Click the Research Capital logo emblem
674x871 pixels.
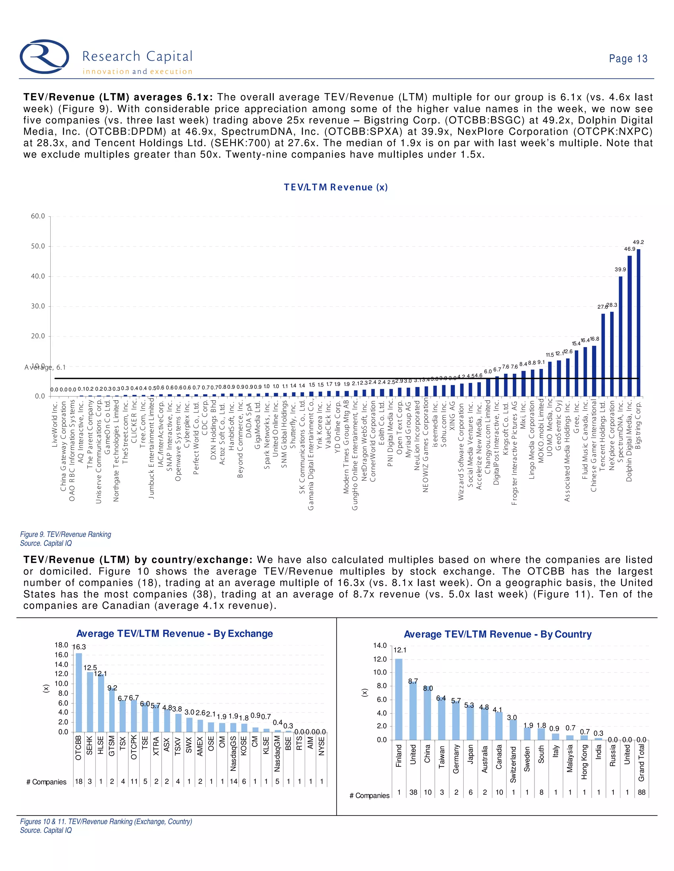point(44,56)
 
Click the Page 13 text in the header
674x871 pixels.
point(628,59)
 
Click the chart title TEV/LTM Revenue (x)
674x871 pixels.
point(335,187)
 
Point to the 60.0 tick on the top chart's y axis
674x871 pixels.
point(38,216)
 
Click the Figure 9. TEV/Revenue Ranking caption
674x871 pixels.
point(65,534)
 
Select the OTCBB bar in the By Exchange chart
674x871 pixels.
point(79,692)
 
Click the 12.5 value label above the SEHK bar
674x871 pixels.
point(90,667)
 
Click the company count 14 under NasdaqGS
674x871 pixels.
point(233,781)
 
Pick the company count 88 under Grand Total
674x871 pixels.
point(641,792)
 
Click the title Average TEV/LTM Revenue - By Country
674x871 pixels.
point(497,634)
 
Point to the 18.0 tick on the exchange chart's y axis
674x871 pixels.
point(62,645)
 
